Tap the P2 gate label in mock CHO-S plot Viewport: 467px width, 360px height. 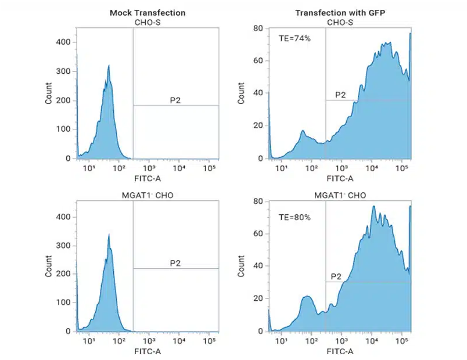click(175, 100)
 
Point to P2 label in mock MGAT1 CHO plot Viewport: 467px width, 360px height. click(175, 263)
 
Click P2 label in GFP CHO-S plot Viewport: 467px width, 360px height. click(340, 95)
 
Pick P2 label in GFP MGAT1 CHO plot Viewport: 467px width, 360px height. click(336, 276)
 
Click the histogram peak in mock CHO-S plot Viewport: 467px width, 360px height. click(109, 66)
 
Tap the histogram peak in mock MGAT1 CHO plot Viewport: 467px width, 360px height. click(109, 235)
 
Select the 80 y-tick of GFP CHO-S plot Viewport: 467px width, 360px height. click(259, 28)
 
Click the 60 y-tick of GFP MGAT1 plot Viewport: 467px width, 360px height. click(259, 233)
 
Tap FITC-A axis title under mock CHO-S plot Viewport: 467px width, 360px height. click(146, 179)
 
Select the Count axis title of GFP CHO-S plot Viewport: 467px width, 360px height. click(241, 93)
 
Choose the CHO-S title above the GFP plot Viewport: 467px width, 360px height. click(340, 22)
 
